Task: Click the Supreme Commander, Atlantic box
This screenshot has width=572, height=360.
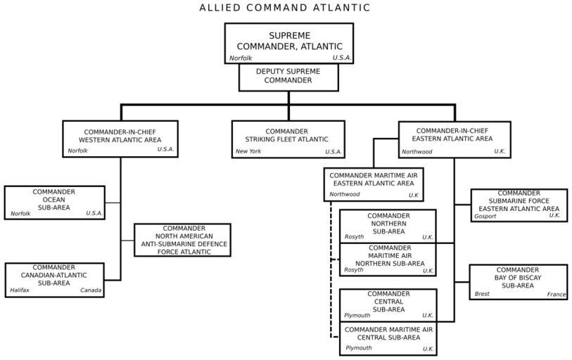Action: tap(288, 43)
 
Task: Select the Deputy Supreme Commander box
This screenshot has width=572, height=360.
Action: tap(288, 77)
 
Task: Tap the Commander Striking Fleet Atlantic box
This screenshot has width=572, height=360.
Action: tap(288, 139)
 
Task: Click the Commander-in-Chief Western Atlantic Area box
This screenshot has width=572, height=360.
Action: tap(120, 139)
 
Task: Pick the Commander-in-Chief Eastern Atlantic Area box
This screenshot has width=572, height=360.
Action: tap(454, 139)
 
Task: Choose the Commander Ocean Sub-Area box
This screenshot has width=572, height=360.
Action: tap(54, 202)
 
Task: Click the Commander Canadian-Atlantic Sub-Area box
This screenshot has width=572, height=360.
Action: tap(54, 279)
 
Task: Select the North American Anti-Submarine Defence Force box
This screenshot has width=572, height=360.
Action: tap(182, 240)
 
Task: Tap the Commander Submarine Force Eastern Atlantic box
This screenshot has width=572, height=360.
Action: tap(519, 205)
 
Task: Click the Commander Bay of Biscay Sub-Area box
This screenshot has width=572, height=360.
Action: tap(519, 281)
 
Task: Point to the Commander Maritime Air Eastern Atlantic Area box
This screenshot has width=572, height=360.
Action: tap(374, 184)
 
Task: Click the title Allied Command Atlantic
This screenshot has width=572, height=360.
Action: tap(285, 8)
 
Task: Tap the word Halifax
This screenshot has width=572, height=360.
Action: tap(20, 290)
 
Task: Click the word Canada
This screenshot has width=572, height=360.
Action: tap(91, 290)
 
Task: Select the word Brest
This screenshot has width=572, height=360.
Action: tap(482, 295)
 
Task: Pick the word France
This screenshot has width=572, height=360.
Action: tap(557, 295)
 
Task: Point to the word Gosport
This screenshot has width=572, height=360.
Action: tap(485, 217)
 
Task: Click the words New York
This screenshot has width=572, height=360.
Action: tap(248, 152)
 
